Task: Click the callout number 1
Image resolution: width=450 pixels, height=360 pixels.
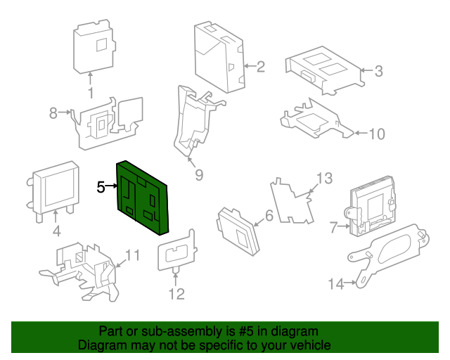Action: click(91, 94)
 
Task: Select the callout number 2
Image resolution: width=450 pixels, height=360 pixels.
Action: click(260, 67)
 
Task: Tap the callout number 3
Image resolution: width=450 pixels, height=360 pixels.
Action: click(378, 70)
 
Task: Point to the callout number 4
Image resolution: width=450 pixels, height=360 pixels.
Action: click(56, 231)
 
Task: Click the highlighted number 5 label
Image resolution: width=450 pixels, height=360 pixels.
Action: click(101, 187)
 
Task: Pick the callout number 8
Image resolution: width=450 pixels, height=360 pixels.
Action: click(53, 112)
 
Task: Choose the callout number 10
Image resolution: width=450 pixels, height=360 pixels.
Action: click(377, 133)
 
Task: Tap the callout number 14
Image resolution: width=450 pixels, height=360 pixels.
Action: click(336, 283)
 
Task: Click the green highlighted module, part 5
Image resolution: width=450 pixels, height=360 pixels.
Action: click(144, 197)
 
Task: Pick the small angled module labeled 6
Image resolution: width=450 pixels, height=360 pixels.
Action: click(238, 229)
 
